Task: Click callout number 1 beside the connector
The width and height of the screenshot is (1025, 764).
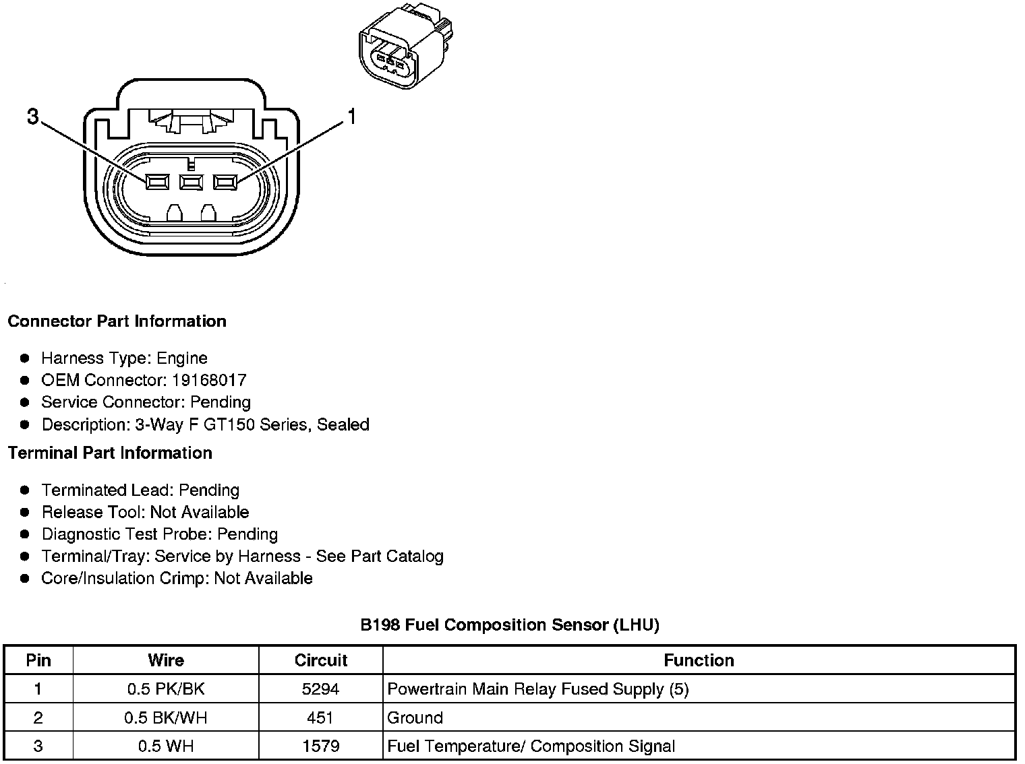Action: (x=351, y=117)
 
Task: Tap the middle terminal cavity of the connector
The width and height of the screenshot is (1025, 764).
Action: (x=191, y=181)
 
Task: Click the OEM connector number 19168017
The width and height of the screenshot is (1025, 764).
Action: (x=209, y=380)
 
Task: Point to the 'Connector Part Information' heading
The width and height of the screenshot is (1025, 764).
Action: (x=117, y=321)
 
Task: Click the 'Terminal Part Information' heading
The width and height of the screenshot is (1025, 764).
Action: (x=110, y=453)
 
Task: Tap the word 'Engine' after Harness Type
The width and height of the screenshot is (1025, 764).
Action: (x=182, y=358)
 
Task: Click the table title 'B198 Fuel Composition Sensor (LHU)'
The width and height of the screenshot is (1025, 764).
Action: (x=510, y=625)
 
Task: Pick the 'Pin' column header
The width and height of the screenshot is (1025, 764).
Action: (x=38, y=660)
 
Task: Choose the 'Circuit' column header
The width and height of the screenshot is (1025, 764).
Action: (x=321, y=660)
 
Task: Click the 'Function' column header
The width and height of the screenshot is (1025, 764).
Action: (x=699, y=660)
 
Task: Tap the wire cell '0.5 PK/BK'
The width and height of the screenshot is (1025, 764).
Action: (x=166, y=689)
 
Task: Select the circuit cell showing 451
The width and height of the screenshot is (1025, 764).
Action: (x=320, y=718)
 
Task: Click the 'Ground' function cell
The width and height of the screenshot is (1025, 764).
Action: (x=415, y=718)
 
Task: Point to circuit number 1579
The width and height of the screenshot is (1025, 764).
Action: (x=320, y=746)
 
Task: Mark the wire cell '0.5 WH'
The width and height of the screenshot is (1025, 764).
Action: (x=166, y=746)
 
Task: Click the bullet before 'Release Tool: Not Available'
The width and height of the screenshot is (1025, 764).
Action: (x=26, y=513)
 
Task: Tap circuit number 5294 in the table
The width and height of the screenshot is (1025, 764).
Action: (x=320, y=689)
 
